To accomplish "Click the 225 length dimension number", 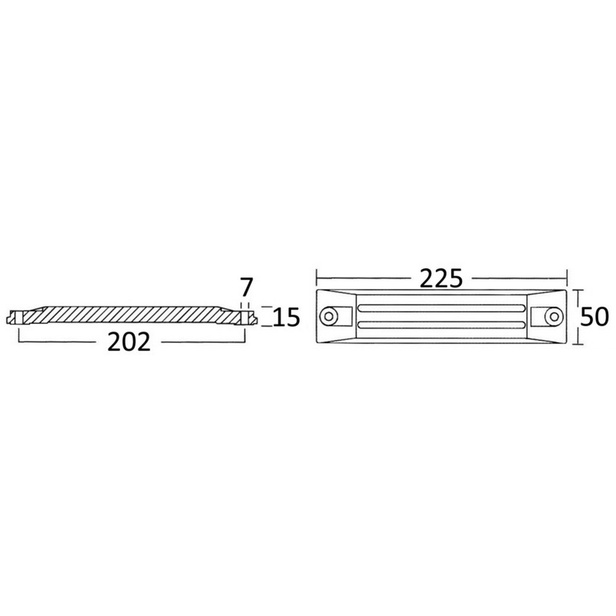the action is pos(441,279).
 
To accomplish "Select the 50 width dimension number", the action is pos(594,317).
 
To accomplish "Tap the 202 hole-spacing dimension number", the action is pos(129,342).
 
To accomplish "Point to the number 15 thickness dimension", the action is pos(286,317).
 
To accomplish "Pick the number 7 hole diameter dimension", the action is pos(246,287).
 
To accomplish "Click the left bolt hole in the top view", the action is pos(328,316).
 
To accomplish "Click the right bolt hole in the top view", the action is pos(554,317).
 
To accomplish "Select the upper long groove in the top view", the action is pos(441,309).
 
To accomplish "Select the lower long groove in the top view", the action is pos(441,325).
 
